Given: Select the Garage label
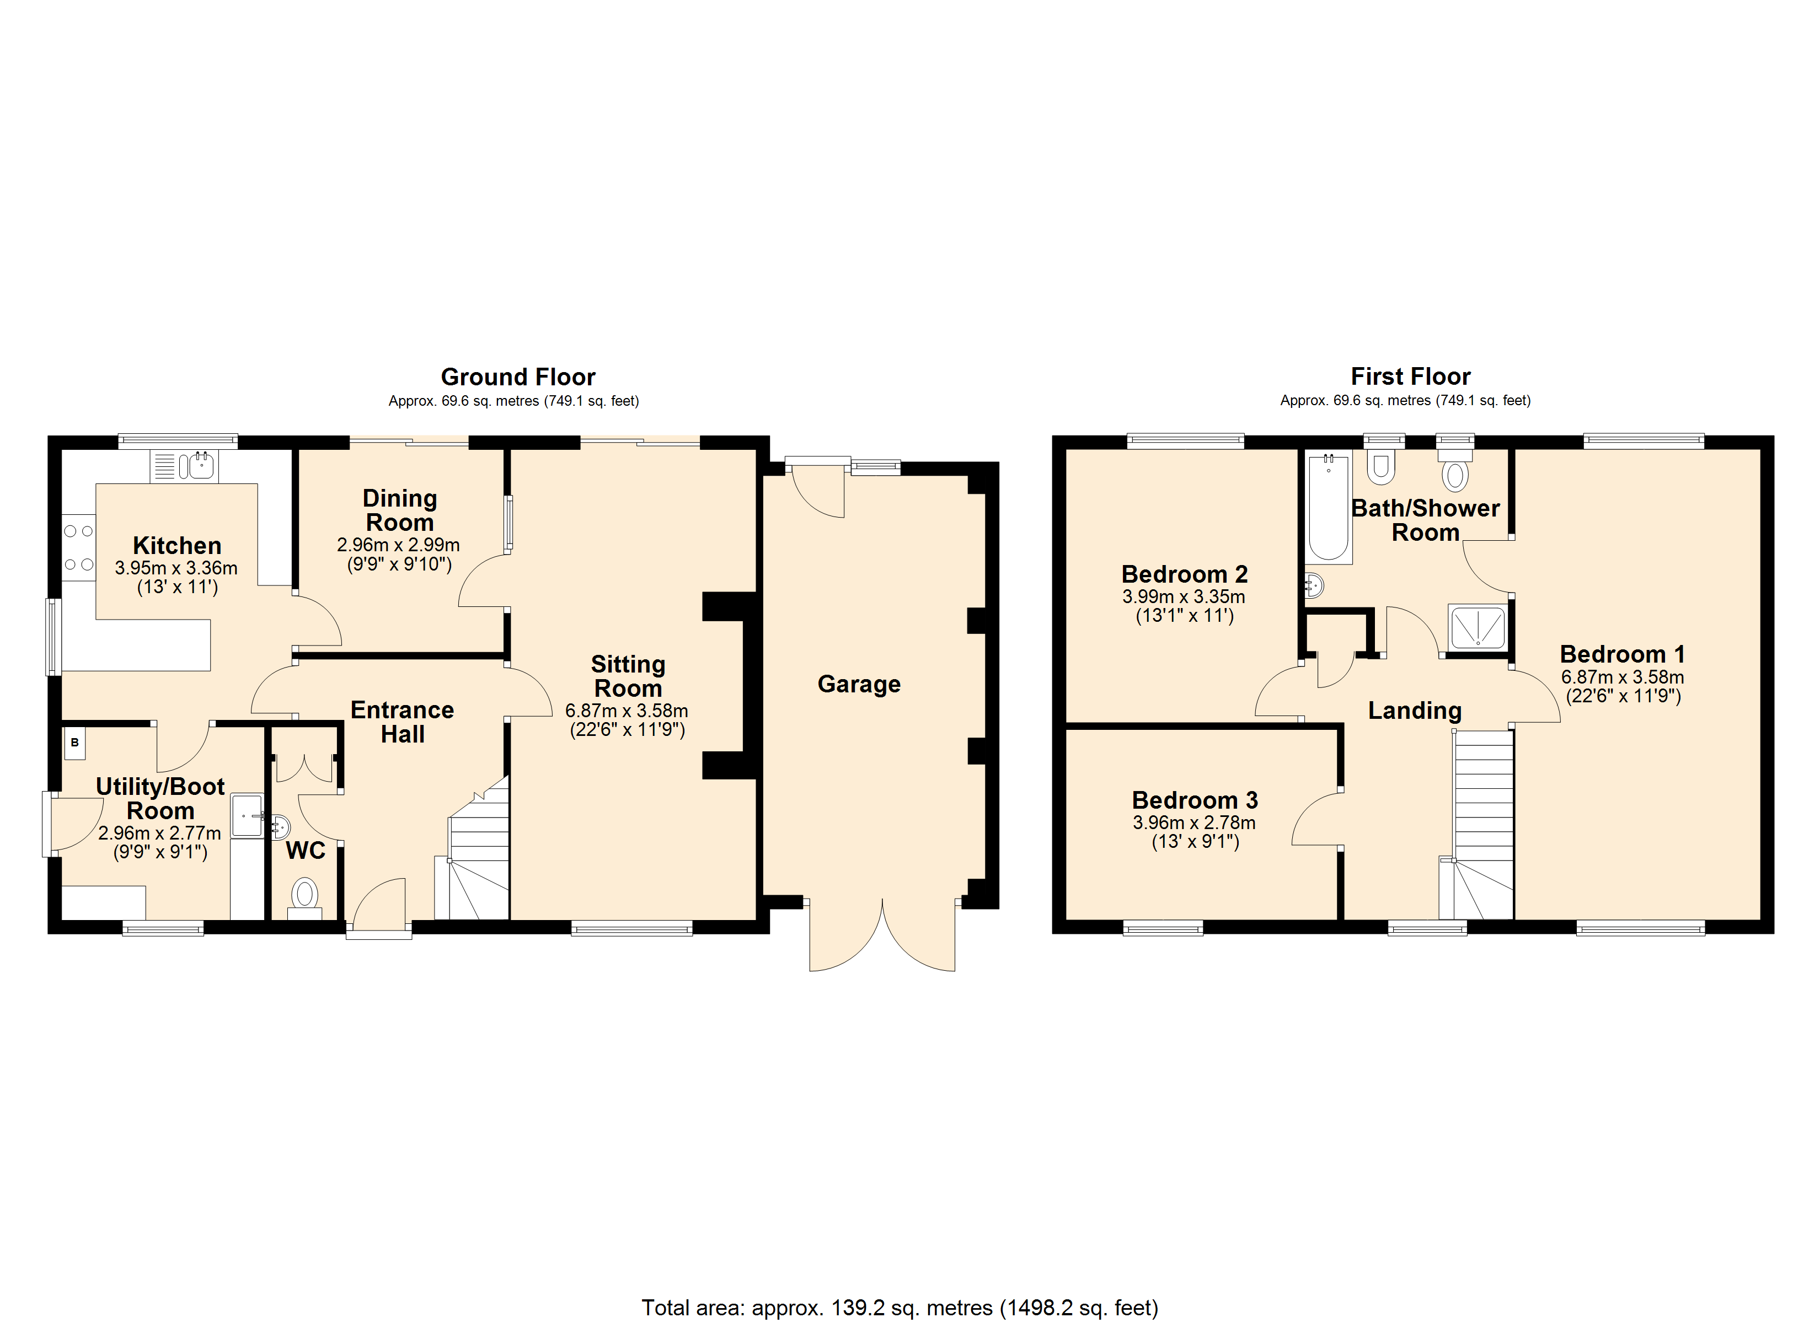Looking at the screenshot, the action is point(859,684).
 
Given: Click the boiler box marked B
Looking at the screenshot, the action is point(74,743).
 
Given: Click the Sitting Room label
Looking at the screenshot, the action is point(628,676).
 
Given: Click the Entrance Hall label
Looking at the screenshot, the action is point(402,722).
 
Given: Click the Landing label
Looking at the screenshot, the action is point(1415,711).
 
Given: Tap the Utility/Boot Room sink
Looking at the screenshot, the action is point(247,816).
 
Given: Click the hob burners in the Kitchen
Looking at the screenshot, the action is point(79,547).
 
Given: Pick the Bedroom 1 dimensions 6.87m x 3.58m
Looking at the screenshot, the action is point(1623,677).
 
